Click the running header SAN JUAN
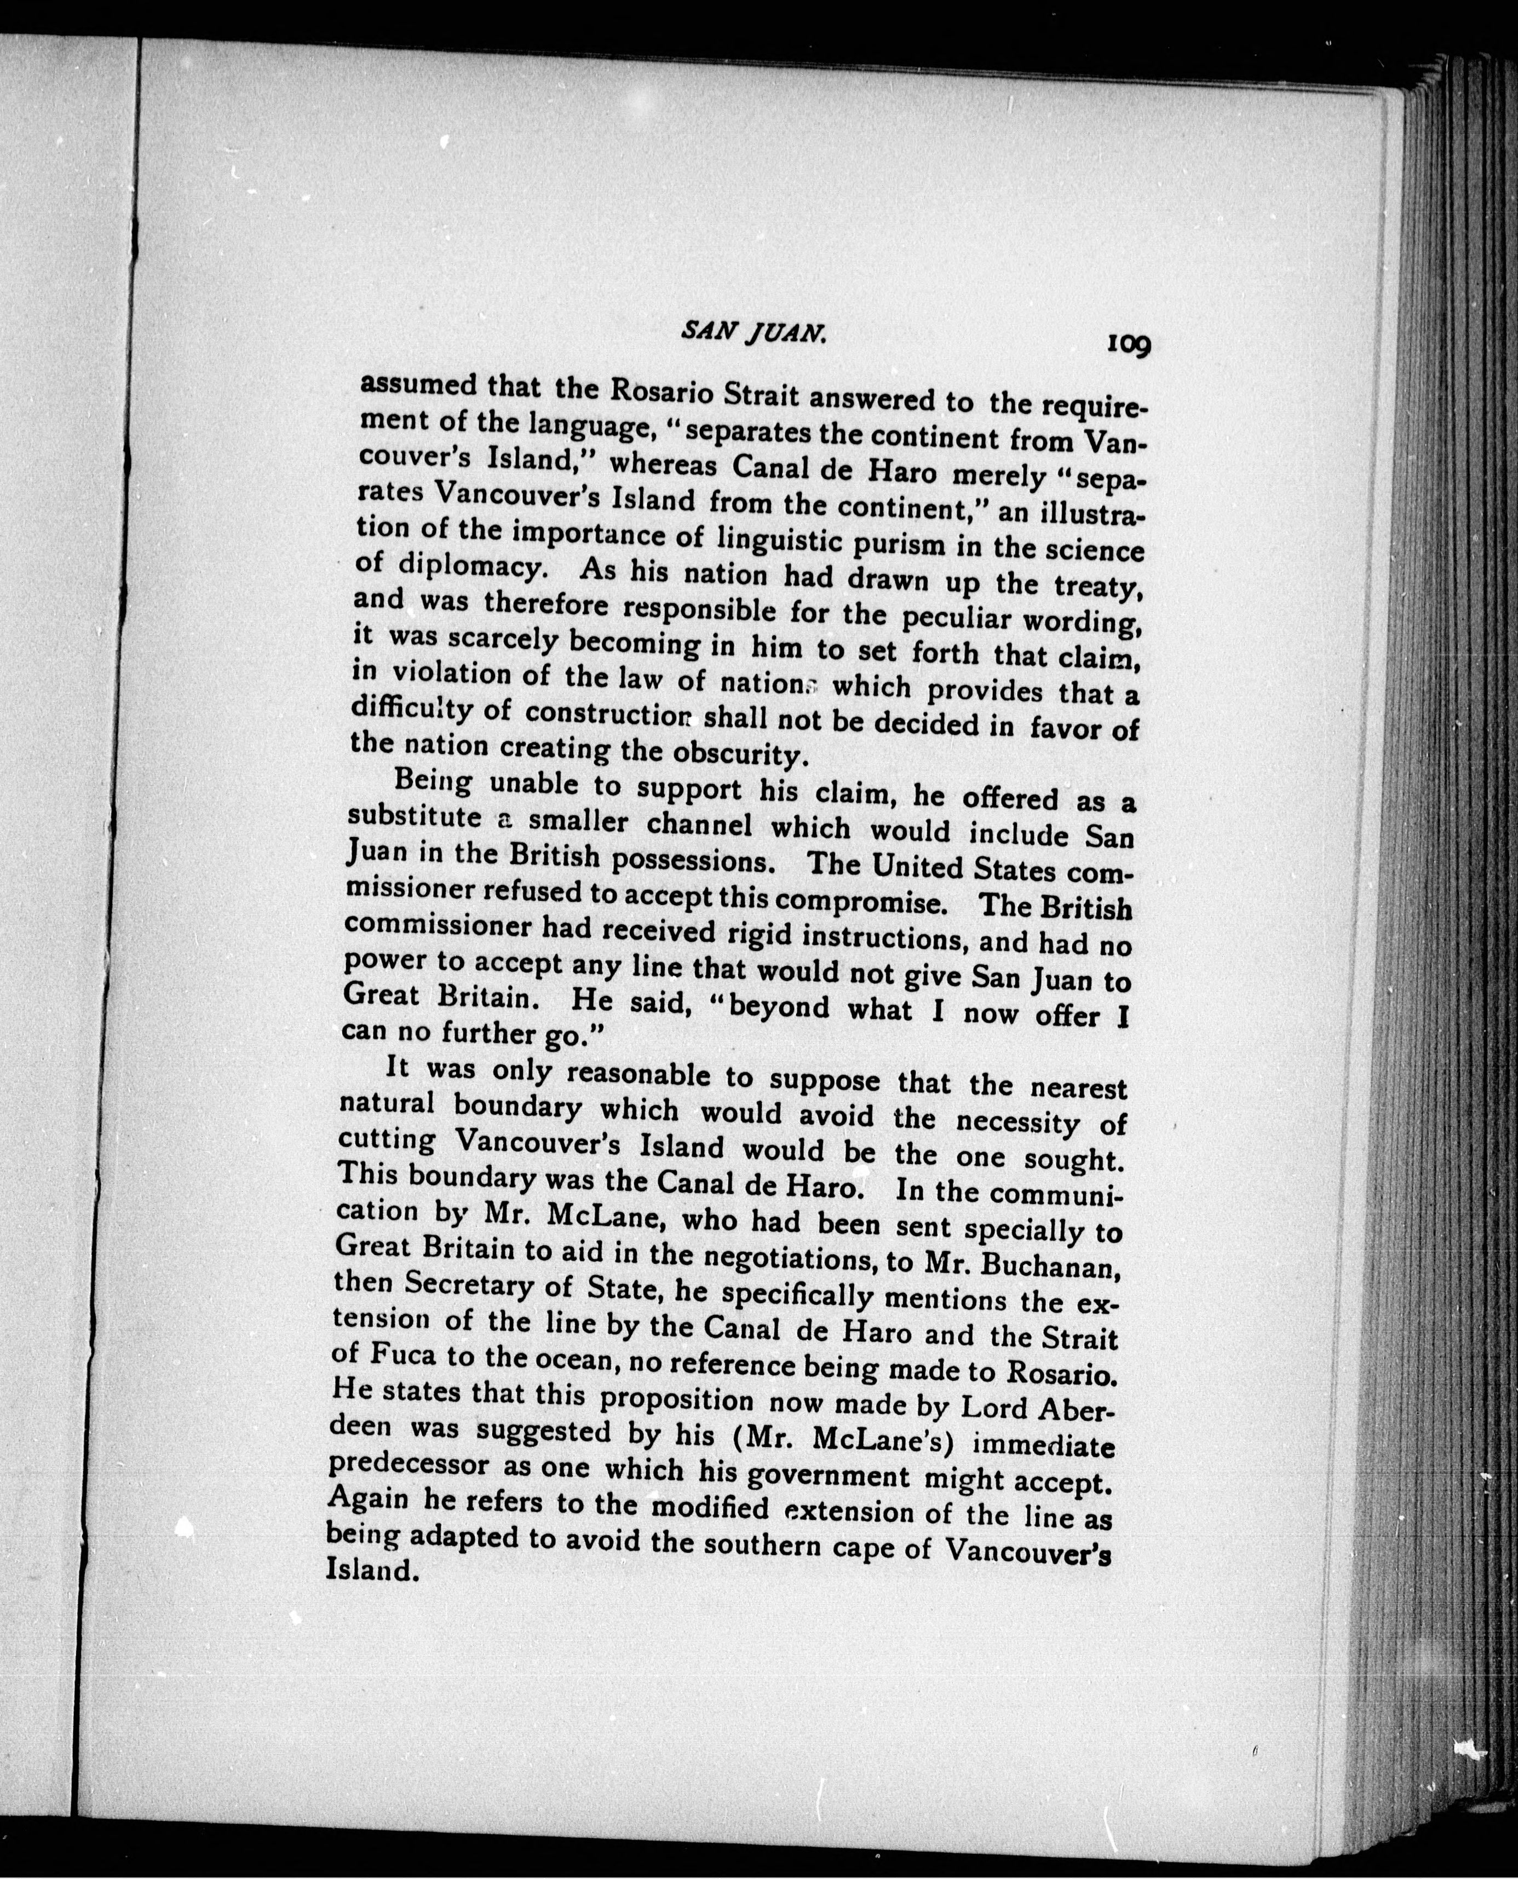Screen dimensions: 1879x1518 pos(753,331)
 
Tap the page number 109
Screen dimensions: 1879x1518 pos(1128,344)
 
